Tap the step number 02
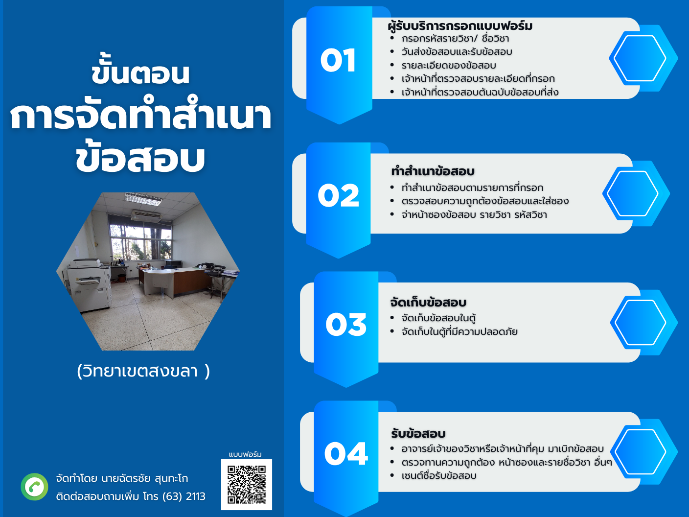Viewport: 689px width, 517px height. click(x=338, y=195)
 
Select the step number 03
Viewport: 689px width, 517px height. click(x=346, y=324)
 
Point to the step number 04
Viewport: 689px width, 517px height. click(x=346, y=453)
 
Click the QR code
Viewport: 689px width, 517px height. click(x=247, y=484)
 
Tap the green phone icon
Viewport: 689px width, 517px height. click(x=35, y=487)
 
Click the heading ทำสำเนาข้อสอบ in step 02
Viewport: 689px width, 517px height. click(x=433, y=171)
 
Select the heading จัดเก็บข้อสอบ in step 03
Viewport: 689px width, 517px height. click(x=428, y=302)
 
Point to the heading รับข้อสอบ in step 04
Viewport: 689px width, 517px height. click(x=418, y=433)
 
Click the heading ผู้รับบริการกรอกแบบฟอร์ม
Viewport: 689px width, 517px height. click(x=460, y=26)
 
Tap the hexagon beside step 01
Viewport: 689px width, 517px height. click(x=643, y=58)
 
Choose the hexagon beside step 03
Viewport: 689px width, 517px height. click(x=644, y=323)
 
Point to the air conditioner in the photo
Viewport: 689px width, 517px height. click(x=146, y=215)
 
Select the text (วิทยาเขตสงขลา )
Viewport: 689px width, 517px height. click(x=143, y=371)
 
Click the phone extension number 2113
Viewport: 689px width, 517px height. click(x=196, y=496)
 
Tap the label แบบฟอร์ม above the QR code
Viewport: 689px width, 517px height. click(x=245, y=454)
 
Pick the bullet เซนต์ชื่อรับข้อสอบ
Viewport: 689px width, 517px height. click(x=439, y=475)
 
